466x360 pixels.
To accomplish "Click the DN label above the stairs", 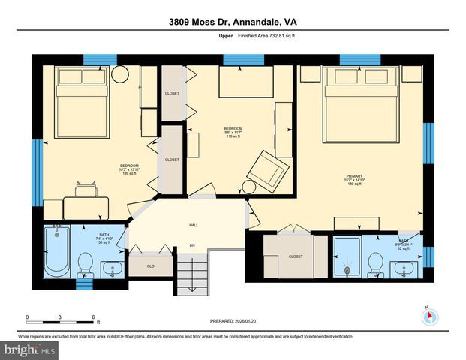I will [x=192, y=245].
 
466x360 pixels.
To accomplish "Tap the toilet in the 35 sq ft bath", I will [x=85, y=264].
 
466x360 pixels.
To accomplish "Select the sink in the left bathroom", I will [x=113, y=266].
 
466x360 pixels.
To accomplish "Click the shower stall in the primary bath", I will [x=346, y=258].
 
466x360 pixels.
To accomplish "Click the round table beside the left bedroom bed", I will [x=119, y=74].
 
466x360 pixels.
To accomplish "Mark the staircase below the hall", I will [x=193, y=273].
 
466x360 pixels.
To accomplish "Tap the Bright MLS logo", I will [x=30, y=349].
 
